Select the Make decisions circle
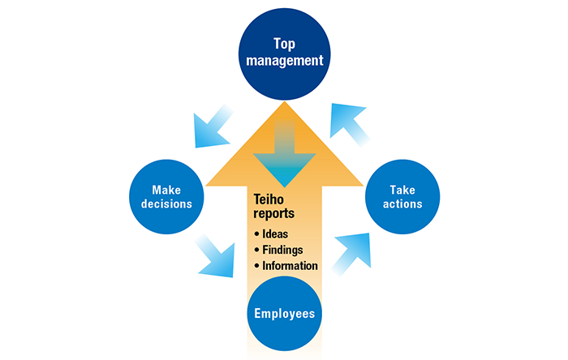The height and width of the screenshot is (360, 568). [x=165, y=195]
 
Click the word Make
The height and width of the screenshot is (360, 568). [x=166, y=188]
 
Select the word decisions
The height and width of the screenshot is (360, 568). [x=166, y=204]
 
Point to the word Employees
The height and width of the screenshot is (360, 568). [x=284, y=313]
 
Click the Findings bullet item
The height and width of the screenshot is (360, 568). [x=281, y=250]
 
